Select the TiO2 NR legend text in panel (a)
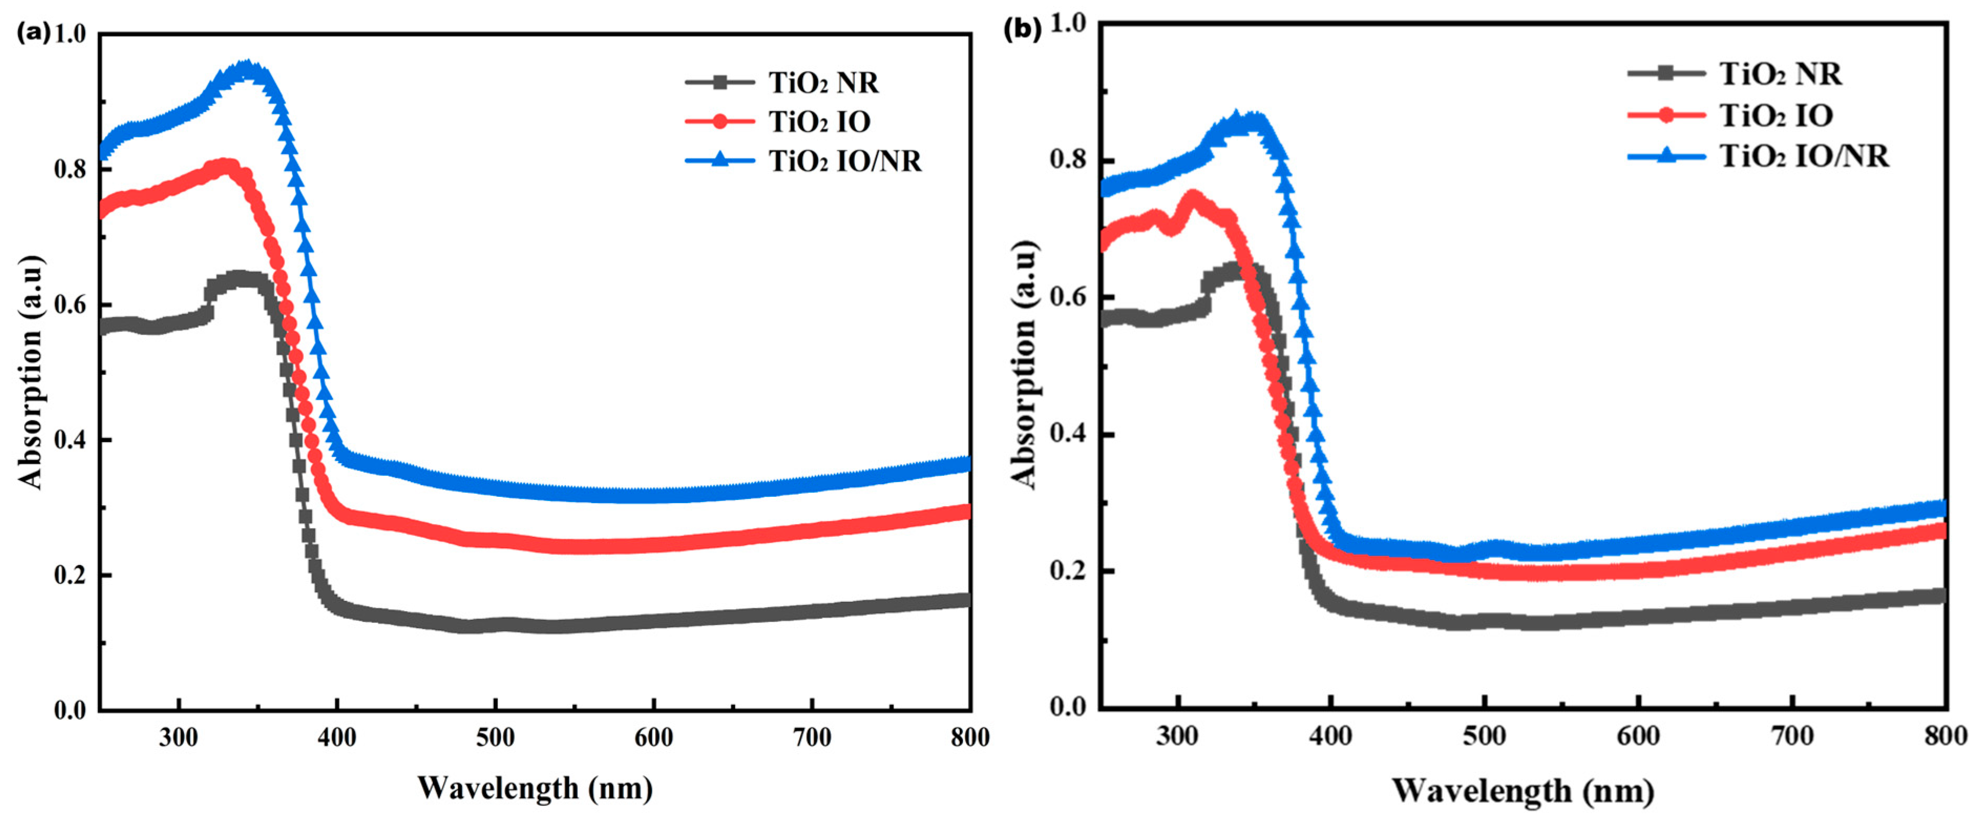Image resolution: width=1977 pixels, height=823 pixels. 823,82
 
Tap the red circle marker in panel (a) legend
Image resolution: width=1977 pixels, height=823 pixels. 720,121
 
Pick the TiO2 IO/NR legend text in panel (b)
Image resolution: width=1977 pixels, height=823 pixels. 1804,156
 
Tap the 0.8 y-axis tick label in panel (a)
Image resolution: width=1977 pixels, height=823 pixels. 71,169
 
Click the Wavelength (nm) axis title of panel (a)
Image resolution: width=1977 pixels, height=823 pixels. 535,788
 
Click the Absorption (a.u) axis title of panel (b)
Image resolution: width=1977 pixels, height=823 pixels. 1024,364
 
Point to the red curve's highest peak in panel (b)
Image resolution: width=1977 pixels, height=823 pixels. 1192,198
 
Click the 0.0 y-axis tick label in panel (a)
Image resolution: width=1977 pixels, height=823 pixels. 71,710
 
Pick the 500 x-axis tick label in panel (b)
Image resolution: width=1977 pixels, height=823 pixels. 1484,735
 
